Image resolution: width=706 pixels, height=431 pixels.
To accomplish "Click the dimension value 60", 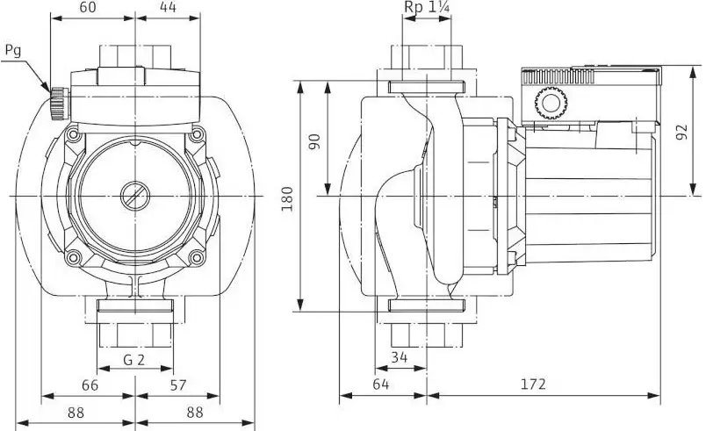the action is click(87, 7).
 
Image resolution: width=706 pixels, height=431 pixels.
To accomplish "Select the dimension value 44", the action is click(168, 7).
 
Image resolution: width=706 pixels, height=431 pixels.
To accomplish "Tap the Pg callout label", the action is click(13, 51).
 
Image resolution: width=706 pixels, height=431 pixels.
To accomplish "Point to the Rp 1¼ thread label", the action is click(427, 7).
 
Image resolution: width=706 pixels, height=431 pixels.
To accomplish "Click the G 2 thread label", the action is click(134, 360).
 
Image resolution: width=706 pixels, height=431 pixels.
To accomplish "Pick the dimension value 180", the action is click(287, 198).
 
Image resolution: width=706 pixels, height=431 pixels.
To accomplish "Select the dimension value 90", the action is click(314, 141).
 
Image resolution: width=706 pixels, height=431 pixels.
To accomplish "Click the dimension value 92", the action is click(682, 132).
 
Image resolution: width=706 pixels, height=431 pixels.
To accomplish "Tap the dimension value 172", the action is click(533, 384).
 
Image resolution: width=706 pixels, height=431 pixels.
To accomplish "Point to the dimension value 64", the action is click(380, 384).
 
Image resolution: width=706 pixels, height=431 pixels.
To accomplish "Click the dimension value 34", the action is click(399, 357).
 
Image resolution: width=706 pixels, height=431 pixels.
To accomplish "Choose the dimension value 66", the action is click(90, 385).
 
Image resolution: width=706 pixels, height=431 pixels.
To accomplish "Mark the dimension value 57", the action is click(178, 385).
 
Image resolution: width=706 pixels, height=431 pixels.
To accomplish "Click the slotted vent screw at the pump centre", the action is click(134, 196).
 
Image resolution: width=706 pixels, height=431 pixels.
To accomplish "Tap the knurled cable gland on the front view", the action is click(59, 104).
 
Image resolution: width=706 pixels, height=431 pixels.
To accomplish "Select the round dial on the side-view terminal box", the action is click(551, 103).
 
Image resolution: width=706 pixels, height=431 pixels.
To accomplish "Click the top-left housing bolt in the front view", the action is click(73, 134).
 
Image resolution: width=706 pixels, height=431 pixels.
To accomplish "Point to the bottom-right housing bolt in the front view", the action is click(197, 258).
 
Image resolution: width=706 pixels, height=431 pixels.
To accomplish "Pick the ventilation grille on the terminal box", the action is click(558, 77).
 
